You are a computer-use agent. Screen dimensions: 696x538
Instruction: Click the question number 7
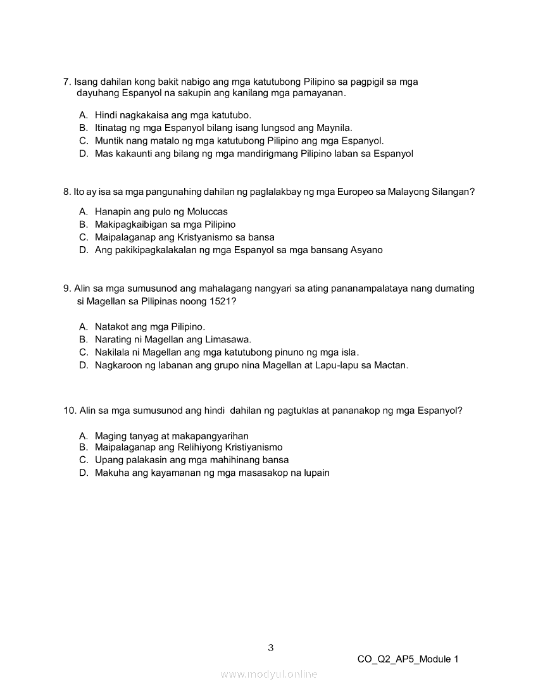[x=66, y=82]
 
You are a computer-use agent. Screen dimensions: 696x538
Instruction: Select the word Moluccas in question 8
[x=207, y=211]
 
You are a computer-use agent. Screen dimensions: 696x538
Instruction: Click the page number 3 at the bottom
[x=271, y=647]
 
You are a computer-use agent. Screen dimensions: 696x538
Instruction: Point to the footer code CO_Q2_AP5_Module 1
[x=408, y=659]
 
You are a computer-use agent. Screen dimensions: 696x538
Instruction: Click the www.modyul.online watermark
[x=269, y=674]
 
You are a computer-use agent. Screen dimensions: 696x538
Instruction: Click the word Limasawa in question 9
[x=228, y=340]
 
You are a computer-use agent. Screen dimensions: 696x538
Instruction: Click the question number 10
[x=69, y=410]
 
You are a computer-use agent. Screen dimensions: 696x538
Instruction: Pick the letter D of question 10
[x=83, y=473]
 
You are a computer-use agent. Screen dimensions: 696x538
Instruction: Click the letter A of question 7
[x=83, y=115]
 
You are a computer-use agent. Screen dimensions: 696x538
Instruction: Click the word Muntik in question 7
[x=109, y=140]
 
